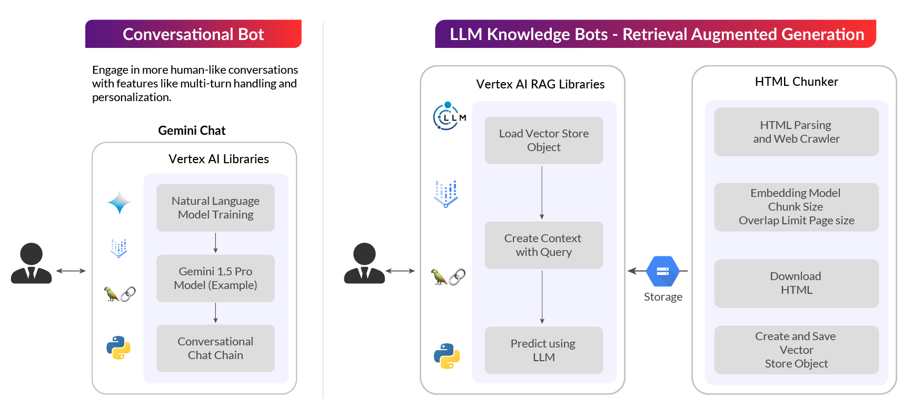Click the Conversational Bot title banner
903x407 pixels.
(193, 34)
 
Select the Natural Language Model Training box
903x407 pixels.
(215, 207)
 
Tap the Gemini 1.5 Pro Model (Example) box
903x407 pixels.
(215, 278)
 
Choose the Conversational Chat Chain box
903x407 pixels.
(215, 348)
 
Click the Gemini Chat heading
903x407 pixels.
(192, 131)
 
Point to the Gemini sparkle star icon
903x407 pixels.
(119, 203)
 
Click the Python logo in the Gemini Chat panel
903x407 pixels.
(118, 348)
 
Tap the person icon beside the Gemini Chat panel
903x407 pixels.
(32, 263)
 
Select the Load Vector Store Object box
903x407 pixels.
(544, 140)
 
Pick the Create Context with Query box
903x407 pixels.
(544, 245)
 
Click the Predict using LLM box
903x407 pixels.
(544, 350)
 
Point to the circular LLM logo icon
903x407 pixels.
(448, 116)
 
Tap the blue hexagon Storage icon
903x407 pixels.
(663, 271)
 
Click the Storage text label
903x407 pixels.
(663, 297)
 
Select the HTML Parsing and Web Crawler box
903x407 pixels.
(796, 132)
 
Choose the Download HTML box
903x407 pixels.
(796, 283)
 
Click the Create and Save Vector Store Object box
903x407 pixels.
(796, 350)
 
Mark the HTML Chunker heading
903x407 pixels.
(796, 82)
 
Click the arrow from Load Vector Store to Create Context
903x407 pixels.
(542, 192)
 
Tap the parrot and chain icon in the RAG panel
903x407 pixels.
(448, 276)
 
